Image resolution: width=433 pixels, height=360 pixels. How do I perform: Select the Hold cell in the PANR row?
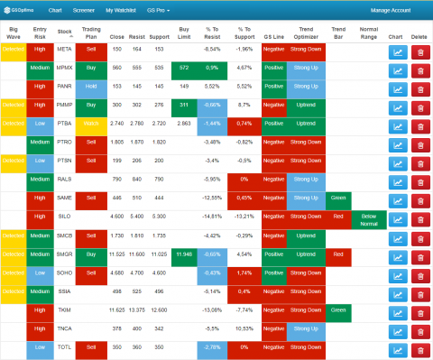click(91, 86)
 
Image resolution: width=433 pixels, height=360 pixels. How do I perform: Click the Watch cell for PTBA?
click(91, 122)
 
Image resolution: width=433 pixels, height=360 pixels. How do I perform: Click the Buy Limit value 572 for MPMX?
click(184, 68)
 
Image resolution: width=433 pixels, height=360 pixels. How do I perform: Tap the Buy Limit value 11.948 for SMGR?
click(184, 254)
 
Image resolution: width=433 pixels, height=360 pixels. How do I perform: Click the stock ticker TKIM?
click(64, 309)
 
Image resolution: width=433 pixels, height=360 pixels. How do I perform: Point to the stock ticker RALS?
click(64, 179)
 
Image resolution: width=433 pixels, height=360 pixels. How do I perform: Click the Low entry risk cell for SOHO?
click(40, 272)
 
